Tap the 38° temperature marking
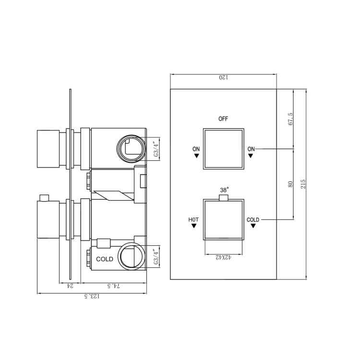224,190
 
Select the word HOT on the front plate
193,220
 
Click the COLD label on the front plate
253,220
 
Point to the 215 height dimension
302,184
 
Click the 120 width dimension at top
223,77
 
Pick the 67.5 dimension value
290,118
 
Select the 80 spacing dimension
290,184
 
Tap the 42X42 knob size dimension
224,258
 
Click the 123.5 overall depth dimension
92,297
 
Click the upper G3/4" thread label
155,149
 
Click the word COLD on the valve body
105,259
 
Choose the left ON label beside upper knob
196,149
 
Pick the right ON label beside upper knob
251,149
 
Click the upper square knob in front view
224,149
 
